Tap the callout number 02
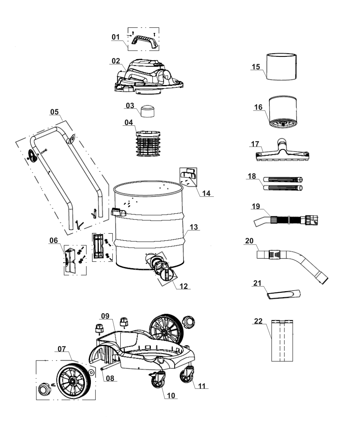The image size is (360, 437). coord(116,61)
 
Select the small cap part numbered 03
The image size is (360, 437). coord(147,111)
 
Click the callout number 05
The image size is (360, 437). coord(54,112)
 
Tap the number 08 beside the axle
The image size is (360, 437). coord(110,378)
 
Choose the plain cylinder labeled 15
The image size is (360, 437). coord(281,67)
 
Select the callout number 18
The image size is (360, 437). coord(251,176)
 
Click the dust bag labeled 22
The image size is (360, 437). coord(282,340)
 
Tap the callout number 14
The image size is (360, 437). coord(206,193)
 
